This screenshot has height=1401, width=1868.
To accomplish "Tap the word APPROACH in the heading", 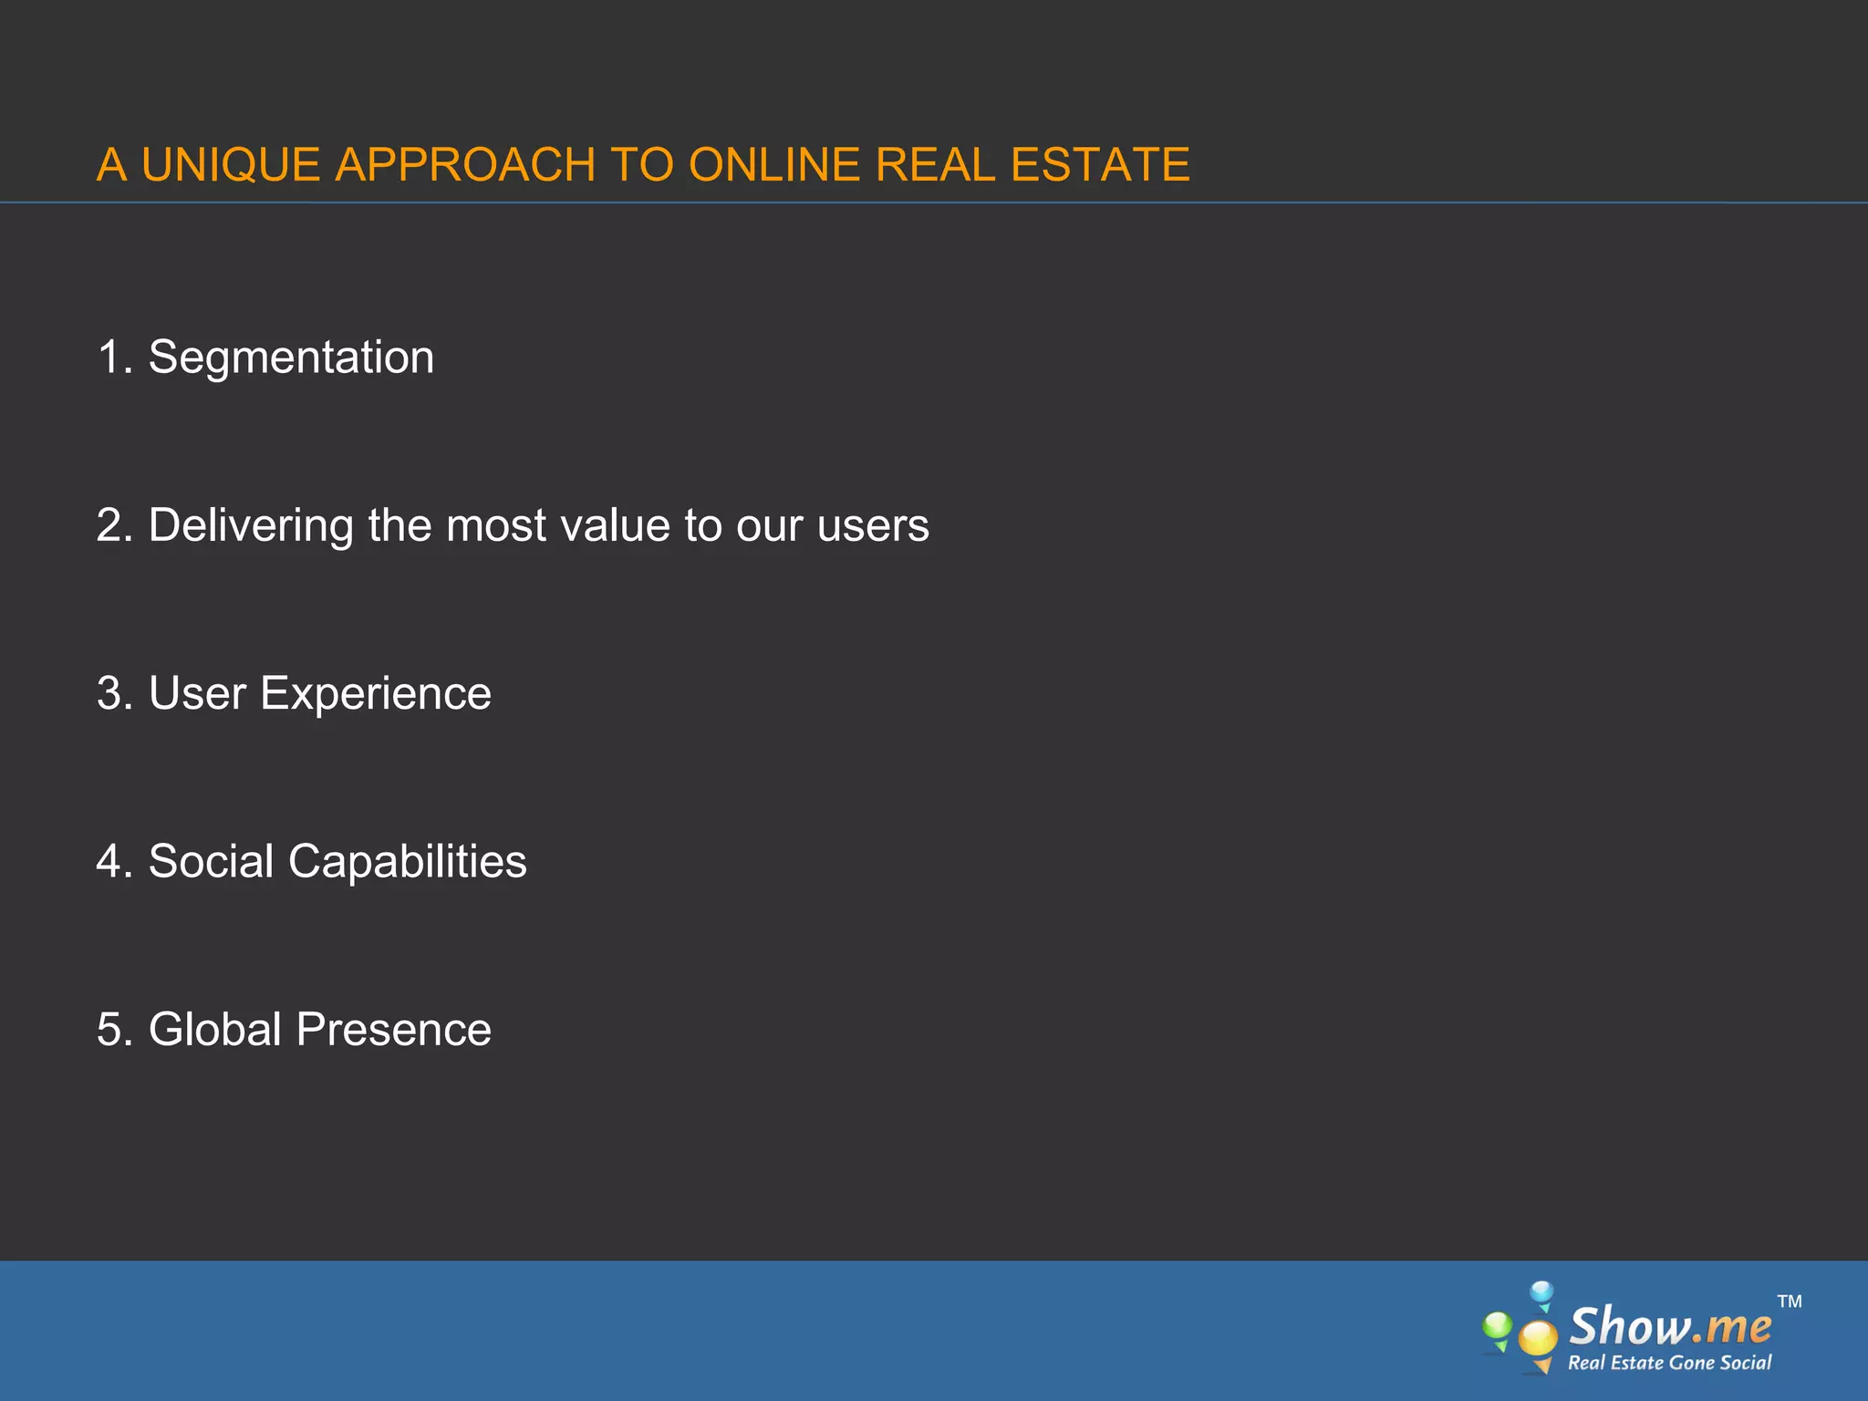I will click(465, 165).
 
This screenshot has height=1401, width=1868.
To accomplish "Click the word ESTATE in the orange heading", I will click(1100, 165).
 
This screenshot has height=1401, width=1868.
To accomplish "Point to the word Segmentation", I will click(291, 357).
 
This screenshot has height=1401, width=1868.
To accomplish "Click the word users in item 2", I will click(873, 526).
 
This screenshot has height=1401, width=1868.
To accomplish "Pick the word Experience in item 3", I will click(376, 694).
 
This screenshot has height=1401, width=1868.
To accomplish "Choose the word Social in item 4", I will click(211, 861).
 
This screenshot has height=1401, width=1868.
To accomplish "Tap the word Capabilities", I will click(408, 863).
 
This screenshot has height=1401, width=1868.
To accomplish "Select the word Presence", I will click(394, 1030).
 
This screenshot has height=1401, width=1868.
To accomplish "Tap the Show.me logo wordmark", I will click(1670, 1326).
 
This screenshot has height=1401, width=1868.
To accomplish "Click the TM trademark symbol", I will click(1790, 1302).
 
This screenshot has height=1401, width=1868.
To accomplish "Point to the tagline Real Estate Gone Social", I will click(1669, 1363).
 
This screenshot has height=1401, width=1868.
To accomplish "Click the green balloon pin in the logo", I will click(1497, 1328).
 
